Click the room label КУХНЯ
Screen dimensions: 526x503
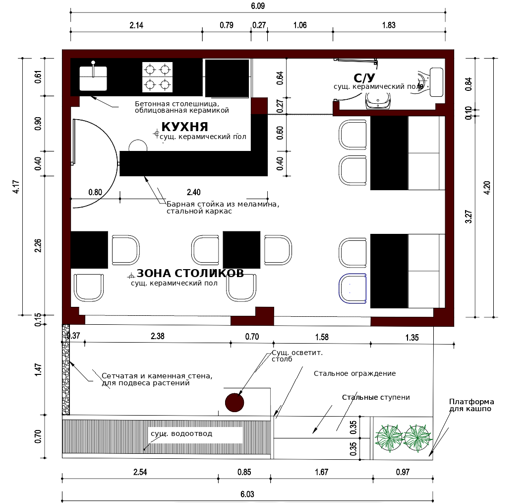184,127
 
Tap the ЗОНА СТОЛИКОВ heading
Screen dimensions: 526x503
190,273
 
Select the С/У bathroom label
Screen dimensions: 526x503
364,78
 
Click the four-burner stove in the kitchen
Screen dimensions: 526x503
157,77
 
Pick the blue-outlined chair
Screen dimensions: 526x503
352,288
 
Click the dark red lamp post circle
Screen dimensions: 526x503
234,403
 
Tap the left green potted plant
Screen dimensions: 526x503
389,438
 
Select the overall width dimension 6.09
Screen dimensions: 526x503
258,6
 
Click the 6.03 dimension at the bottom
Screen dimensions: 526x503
247,494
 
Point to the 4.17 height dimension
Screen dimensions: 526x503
16,187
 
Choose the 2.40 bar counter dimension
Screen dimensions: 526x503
193,192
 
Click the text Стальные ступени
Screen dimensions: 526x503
376,397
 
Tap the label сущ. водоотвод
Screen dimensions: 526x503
181,433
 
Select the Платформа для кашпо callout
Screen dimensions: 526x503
471,405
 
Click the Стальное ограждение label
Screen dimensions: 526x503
354,373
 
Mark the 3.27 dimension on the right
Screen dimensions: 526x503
468,216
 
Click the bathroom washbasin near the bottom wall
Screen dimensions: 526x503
378,101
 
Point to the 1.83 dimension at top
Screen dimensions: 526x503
389,25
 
